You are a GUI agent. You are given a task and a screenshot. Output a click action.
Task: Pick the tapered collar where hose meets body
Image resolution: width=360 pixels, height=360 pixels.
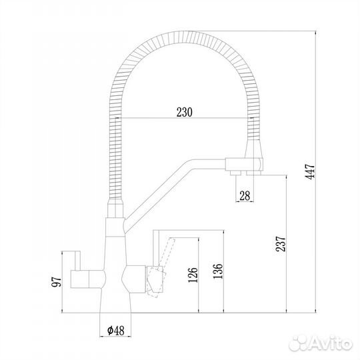pyautogui.click(x=114, y=209)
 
